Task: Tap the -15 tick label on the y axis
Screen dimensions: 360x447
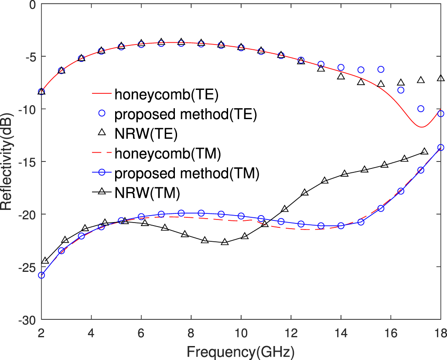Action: click(x=27, y=162)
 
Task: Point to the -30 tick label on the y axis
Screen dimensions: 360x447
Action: click(x=27, y=320)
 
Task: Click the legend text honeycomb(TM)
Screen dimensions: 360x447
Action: click(x=167, y=153)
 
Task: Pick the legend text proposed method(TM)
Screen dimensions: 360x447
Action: click(x=187, y=173)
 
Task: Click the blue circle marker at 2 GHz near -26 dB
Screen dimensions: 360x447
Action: click(x=41, y=275)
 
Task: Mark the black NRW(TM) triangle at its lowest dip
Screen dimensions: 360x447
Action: click(x=225, y=242)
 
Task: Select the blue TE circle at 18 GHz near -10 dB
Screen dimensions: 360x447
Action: click(x=440, y=113)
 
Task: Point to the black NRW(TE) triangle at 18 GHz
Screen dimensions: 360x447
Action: click(x=440, y=79)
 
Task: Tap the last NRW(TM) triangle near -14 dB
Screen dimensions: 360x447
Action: click(x=424, y=151)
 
